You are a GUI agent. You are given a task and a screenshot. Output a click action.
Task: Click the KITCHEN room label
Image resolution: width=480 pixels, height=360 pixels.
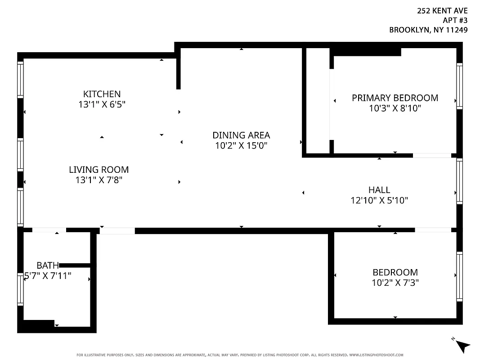pyautogui.click(x=102, y=94)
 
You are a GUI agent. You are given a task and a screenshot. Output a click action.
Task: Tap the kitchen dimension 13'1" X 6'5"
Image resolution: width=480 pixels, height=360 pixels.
pyautogui.click(x=102, y=104)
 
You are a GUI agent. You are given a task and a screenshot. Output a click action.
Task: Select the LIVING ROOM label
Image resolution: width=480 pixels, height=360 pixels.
pyautogui.click(x=99, y=170)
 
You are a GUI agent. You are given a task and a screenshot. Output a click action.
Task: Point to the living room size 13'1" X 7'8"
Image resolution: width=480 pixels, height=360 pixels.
pyautogui.click(x=99, y=180)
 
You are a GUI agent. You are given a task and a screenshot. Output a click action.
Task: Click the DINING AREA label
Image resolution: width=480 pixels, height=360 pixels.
pyautogui.click(x=241, y=135)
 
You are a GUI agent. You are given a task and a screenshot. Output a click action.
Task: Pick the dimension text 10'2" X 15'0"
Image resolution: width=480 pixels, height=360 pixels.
pyautogui.click(x=241, y=145)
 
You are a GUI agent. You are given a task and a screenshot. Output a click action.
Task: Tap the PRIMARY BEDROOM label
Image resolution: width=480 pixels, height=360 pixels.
pyautogui.click(x=395, y=98)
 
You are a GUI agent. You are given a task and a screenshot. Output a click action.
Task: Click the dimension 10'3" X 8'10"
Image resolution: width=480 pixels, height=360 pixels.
pyautogui.click(x=395, y=108)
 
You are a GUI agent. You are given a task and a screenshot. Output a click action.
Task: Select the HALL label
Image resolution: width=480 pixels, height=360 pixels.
pyautogui.click(x=379, y=190)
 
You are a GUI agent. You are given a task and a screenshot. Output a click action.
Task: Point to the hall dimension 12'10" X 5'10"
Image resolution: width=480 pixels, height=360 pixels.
pyautogui.click(x=379, y=200)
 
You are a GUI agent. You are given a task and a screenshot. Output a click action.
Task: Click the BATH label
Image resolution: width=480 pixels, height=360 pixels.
pyautogui.click(x=48, y=265)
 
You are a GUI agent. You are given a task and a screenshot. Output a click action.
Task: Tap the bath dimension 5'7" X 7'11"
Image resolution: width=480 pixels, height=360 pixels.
pyautogui.click(x=48, y=276)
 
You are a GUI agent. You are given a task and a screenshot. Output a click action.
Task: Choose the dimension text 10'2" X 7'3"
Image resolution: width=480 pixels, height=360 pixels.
pyautogui.click(x=395, y=283)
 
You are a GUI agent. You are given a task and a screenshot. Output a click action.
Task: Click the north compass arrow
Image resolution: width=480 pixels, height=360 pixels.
pyautogui.click(x=462, y=345)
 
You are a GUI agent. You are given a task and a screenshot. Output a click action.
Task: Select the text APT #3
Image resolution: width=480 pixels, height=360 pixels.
pyautogui.click(x=455, y=21)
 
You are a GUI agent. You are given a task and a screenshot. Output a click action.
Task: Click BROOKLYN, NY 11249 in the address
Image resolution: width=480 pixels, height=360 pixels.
pyautogui.click(x=428, y=30)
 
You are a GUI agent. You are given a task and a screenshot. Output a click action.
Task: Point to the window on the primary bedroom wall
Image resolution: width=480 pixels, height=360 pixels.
pyautogui.click(x=459, y=85)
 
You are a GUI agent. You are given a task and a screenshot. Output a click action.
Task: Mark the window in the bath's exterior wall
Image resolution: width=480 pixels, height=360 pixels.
pyautogui.click(x=20, y=289)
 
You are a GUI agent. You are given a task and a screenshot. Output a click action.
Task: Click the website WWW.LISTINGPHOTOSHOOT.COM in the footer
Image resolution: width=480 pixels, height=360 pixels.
pyautogui.click(x=376, y=355)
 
